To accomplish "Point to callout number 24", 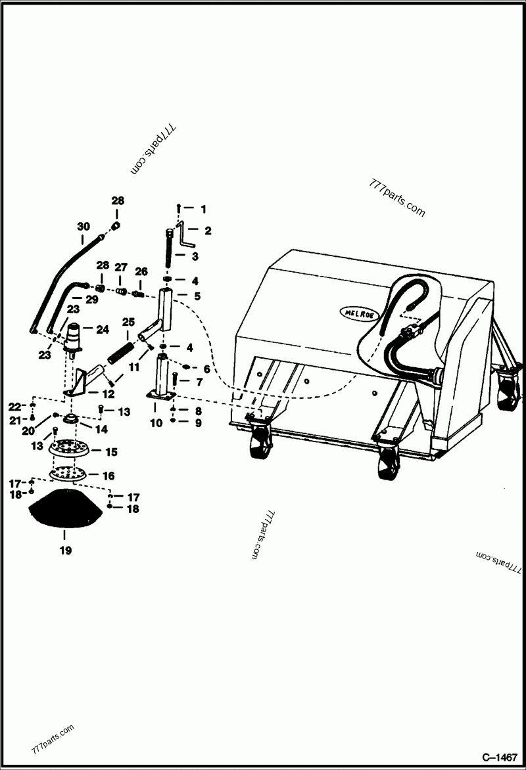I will coord(102,330).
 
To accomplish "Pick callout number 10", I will coord(156,423).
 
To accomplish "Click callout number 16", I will coord(108,475).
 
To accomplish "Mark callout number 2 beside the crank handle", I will coord(207,230).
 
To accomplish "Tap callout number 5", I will coord(197,296).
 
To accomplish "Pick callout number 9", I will coord(199,422).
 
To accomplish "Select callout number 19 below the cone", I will coord(65,550).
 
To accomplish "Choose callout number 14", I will coord(103,429).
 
